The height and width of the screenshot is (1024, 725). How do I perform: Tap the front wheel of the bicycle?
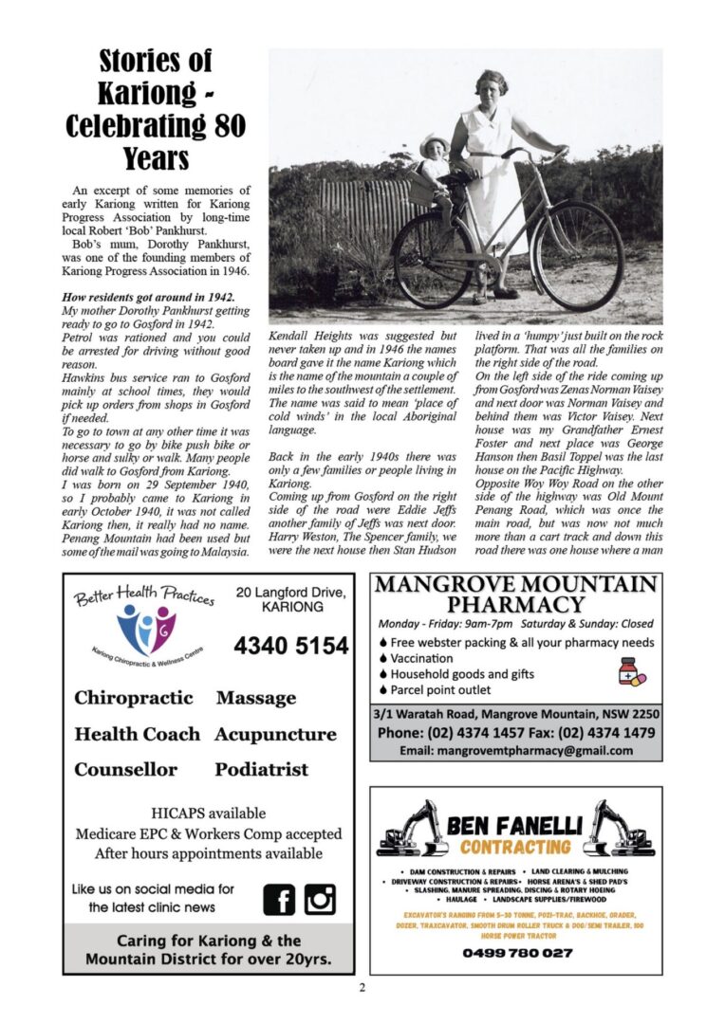tap(578, 255)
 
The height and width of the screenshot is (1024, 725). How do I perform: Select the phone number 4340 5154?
tap(291, 647)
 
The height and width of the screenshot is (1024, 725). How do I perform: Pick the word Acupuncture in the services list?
tap(275, 734)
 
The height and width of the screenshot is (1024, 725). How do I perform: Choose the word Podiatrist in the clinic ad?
tap(261, 769)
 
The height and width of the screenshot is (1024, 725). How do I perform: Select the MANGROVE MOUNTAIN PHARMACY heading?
tap(516, 594)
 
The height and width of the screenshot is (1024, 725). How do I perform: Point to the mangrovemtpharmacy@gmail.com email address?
tap(516, 750)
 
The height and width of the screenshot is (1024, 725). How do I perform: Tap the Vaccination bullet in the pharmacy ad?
tap(421, 657)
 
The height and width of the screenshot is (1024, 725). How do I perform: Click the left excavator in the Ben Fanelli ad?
tap(412, 832)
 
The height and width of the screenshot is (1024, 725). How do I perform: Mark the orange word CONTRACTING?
tap(515, 847)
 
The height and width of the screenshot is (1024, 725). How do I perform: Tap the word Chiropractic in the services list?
tap(134, 698)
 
